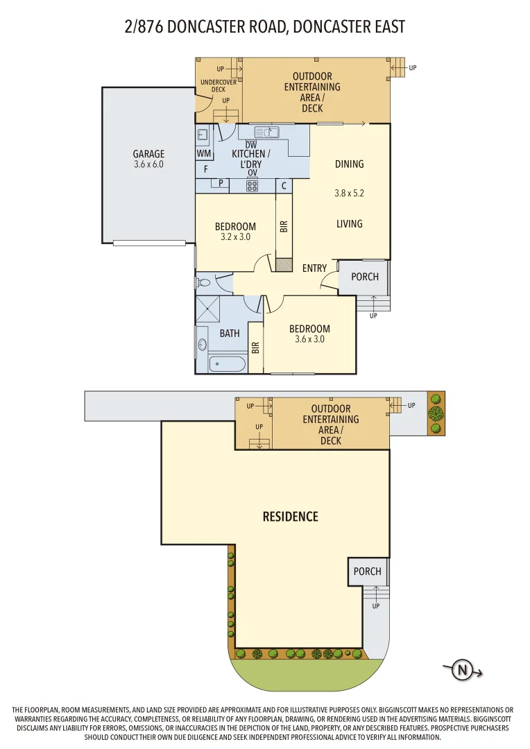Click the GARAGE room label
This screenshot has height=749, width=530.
148,154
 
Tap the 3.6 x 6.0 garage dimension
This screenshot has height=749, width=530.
148,165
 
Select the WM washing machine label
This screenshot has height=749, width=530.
204,153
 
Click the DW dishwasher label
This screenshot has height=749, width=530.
251,144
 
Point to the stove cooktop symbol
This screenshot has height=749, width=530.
253,185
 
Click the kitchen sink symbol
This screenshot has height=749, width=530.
266,132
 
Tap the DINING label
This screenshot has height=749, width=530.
349,164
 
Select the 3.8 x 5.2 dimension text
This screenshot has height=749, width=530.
349,193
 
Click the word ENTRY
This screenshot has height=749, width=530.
314,268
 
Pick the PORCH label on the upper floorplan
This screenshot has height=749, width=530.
365,277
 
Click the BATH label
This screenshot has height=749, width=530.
230,334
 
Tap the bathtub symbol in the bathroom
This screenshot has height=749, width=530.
227,363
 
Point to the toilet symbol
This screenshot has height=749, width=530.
203,283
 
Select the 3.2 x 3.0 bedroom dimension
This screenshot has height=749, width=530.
235,236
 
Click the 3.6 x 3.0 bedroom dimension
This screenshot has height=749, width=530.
309,339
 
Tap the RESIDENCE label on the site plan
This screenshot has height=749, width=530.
290,517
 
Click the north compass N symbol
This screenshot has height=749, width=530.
461,670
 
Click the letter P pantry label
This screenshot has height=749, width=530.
221,184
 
